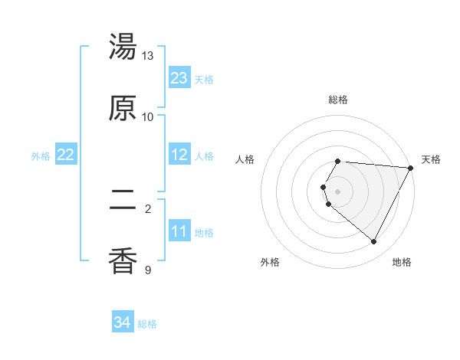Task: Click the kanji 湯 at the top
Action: pos(123,47)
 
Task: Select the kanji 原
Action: pos(123,108)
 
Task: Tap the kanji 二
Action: pos(123,200)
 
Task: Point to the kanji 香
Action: pos(123,261)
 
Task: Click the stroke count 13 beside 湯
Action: pos(148,56)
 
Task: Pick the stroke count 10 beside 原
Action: pos(148,116)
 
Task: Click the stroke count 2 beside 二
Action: pos(148,208)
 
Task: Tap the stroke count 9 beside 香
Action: pos(148,270)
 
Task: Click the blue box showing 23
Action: pos(179,78)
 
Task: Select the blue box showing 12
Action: pos(179,155)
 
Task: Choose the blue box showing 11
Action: pos(179,231)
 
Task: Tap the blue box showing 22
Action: pos(66,155)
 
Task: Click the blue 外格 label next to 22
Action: pos(41,156)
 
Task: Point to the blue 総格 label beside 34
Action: pos(147,324)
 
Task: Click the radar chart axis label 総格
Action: pos(338,100)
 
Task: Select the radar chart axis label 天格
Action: pos(432,159)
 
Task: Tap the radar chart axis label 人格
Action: pos(245,159)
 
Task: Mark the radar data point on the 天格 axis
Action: pos(411,167)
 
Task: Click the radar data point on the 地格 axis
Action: pos(374,242)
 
